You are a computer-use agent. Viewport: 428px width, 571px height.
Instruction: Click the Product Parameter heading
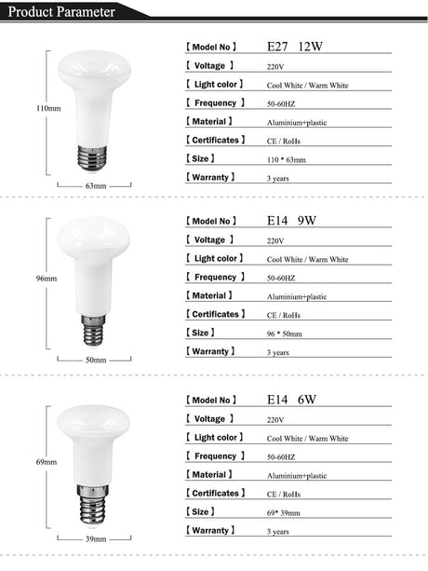[58, 12]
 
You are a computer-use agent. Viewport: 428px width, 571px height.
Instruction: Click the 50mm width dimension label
[96, 360]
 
